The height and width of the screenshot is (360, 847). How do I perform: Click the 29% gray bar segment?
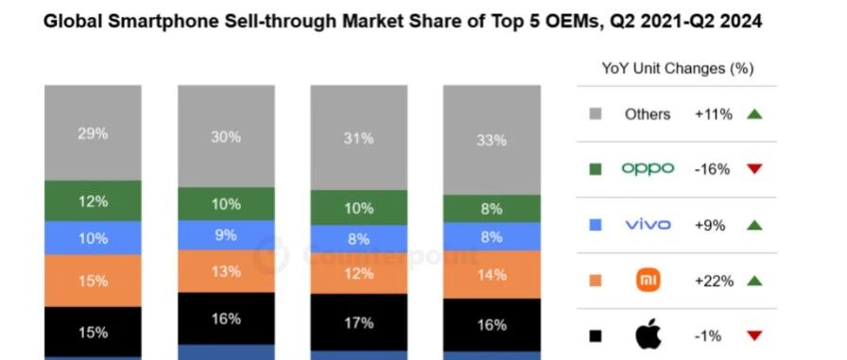(x=93, y=133)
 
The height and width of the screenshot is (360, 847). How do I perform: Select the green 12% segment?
(x=93, y=200)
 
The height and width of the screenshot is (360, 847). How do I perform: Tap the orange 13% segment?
(x=226, y=271)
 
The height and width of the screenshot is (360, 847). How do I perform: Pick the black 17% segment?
(x=358, y=322)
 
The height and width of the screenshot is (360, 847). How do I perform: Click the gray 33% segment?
(x=492, y=140)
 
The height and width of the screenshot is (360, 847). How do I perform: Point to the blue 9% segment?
(x=226, y=234)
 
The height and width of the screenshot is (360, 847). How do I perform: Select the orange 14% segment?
(x=492, y=275)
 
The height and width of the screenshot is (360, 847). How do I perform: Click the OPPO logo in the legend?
(x=648, y=169)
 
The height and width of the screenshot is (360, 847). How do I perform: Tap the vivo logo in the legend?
(x=648, y=225)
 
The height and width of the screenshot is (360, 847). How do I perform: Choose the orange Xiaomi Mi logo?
(x=648, y=280)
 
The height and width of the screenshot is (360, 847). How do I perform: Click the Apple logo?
(x=648, y=335)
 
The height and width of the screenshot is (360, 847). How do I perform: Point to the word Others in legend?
(x=648, y=114)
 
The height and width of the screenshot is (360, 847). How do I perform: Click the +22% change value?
(x=714, y=281)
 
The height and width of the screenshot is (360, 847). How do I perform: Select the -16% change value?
(x=712, y=169)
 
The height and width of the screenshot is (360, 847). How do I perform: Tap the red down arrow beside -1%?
(x=754, y=335)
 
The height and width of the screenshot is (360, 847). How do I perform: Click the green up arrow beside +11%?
(x=754, y=114)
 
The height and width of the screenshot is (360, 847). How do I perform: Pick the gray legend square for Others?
(x=596, y=114)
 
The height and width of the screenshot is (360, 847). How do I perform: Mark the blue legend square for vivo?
(x=596, y=225)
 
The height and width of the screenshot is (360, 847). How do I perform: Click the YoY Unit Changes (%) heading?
(x=678, y=69)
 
